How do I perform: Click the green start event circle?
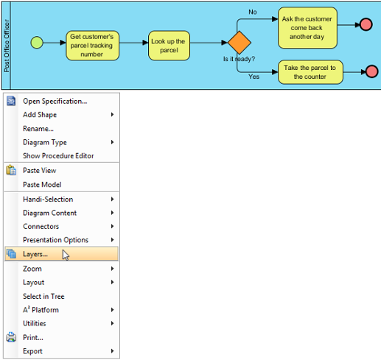coord(37,43)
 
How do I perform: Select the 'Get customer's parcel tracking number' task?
coord(92,46)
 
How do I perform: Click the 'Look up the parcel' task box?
coord(169,46)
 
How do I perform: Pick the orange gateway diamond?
coord(240,43)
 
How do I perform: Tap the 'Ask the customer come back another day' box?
coord(307,28)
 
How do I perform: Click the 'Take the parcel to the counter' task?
coord(310,72)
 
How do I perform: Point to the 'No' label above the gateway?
coord(253,12)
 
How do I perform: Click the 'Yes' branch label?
coord(254,77)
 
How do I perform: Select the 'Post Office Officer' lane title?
coord(7,46)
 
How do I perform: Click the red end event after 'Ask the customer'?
coord(366,24)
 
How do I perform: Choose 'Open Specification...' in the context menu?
coord(55,101)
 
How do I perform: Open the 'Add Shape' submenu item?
coord(40,115)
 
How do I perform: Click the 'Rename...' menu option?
coord(38,129)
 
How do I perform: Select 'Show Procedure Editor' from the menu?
coord(58,156)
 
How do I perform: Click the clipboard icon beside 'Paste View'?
coord(11,170)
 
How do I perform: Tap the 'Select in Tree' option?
coord(43,296)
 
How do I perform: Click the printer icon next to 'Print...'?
coord(11,337)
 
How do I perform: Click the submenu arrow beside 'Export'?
coord(112,351)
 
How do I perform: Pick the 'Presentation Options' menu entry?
coord(55,240)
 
